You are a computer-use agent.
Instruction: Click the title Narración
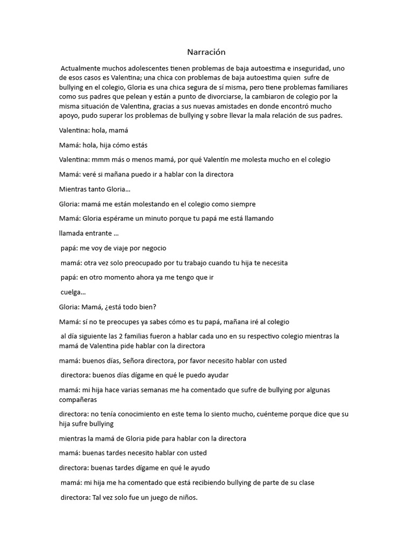[x=206, y=52]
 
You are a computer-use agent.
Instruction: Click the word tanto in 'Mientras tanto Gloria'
[x=99, y=189]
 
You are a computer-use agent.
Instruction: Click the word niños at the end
[x=186, y=497]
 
